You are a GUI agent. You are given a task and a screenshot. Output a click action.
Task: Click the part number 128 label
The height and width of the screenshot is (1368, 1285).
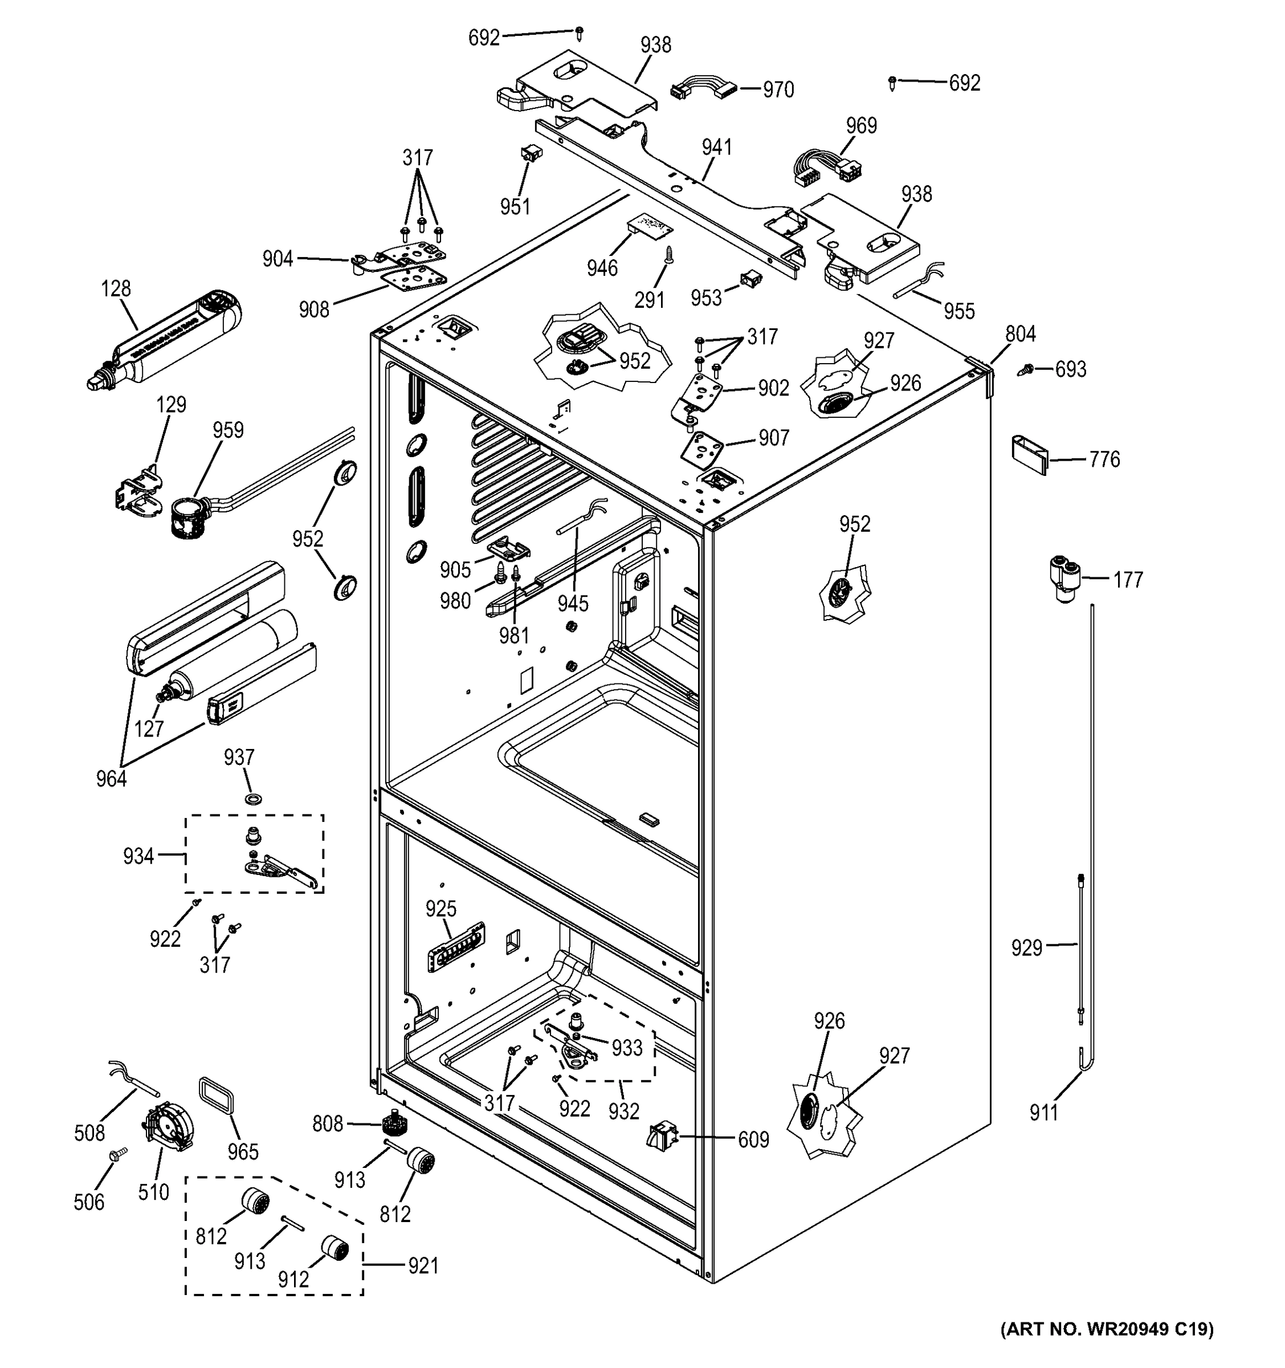(116, 288)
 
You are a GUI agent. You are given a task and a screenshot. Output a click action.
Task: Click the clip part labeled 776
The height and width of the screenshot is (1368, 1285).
(1029, 454)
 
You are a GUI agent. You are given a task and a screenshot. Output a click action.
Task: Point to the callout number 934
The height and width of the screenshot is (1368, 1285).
(138, 856)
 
